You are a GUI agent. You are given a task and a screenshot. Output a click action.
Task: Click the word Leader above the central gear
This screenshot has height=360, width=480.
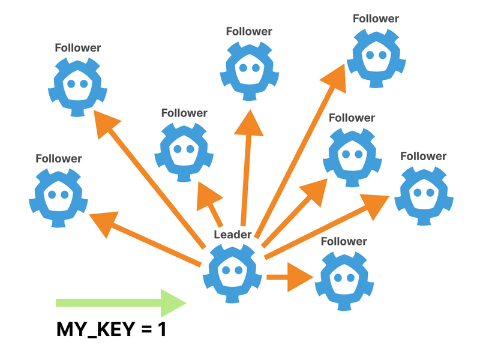(232, 235)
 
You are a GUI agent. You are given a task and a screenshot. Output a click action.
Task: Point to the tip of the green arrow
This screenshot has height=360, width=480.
(185, 302)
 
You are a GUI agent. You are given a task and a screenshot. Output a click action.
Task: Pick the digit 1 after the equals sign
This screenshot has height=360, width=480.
(161, 329)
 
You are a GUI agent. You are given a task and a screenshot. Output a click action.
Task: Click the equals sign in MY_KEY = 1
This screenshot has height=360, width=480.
(145, 329)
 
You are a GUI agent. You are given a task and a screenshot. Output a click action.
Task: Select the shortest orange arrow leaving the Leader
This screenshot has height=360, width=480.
(288, 277)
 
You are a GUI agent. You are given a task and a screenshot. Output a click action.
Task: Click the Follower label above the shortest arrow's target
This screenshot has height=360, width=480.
(344, 241)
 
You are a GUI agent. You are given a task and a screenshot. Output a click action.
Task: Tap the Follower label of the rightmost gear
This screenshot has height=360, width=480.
(424, 156)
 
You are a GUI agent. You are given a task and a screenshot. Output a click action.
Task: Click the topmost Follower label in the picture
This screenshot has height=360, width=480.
(376, 18)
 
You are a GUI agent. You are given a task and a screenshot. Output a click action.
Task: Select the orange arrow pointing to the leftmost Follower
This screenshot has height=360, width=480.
(144, 240)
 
